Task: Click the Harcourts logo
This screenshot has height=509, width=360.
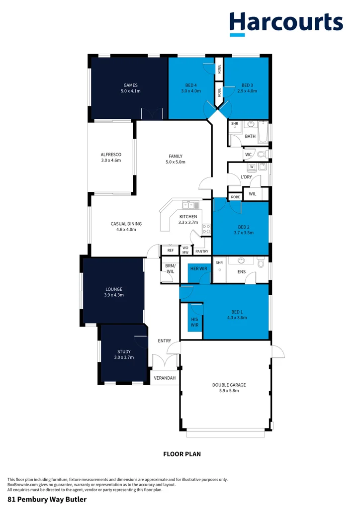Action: click(286, 23)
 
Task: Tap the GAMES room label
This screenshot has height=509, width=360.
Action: click(131, 88)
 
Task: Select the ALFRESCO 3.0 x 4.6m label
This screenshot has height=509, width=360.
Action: click(111, 158)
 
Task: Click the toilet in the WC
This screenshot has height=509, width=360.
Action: click(263, 155)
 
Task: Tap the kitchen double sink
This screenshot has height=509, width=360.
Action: click(190, 205)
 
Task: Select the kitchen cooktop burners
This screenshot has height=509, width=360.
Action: click(206, 229)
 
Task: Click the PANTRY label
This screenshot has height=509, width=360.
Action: click(202, 252)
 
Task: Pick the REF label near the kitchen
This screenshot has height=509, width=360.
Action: click(170, 251)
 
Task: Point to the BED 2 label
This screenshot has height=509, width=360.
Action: click(244, 229)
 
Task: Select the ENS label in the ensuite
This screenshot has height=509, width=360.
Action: click(241, 272)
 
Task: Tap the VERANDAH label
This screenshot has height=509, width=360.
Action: click(165, 378)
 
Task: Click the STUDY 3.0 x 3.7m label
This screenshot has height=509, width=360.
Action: click(124, 354)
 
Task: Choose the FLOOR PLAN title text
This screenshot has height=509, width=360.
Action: click(182, 453)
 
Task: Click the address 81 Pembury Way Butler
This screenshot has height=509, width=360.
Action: click(47, 499)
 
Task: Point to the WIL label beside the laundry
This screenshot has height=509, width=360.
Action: click(252, 194)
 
